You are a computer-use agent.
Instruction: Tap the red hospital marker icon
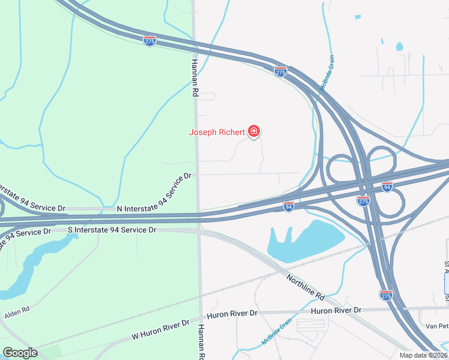[x=254, y=131]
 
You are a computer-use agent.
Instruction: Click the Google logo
[x=20, y=352]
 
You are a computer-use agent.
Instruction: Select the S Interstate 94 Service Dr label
[x=112, y=230]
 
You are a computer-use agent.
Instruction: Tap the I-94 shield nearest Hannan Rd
[x=289, y=206]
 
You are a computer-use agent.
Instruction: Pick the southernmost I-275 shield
[x=387, y=295]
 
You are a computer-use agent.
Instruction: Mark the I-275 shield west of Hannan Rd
[x=149, y=41]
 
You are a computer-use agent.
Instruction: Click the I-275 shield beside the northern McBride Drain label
[x=280, y=71]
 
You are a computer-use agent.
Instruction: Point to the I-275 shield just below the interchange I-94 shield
[x=363, y=200]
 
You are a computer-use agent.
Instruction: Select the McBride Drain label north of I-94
[x=327, y=73]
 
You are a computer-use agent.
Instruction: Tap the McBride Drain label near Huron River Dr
[x=277, y=331]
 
